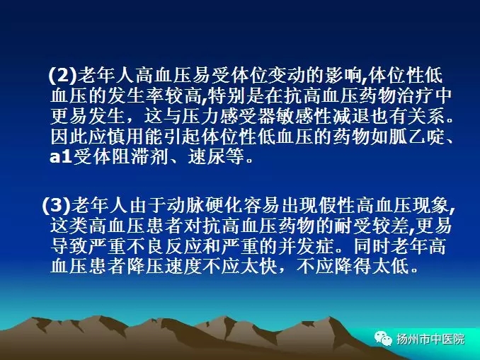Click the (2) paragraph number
62,75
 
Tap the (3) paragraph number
56,205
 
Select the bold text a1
61,157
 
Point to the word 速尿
207,157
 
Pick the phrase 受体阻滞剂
120,157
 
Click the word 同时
372,245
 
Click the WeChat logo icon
383,339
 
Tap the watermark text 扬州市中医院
430,339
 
